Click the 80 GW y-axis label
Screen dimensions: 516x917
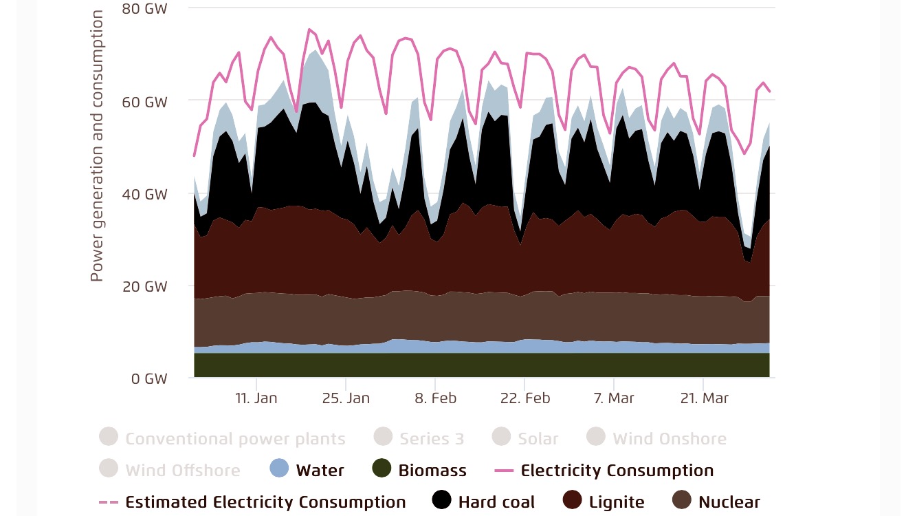(144, 8)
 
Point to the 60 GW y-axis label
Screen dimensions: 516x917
(144, 102)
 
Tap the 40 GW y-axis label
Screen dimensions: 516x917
(144, 194)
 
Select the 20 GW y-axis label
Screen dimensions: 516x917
(144, 286)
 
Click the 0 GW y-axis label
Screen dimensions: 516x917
(148, 378)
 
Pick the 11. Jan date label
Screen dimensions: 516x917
(256, 398)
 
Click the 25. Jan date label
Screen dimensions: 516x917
(346, 398)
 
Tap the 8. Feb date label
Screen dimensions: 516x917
(435, 398)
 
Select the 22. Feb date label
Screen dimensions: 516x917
(524, 398)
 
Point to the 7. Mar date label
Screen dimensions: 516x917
(614, 398)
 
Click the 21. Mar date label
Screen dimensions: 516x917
(704, 398)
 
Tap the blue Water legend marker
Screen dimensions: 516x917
(279, 470)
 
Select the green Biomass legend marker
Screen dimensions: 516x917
(382, 470)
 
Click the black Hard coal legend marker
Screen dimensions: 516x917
(442, 502)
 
